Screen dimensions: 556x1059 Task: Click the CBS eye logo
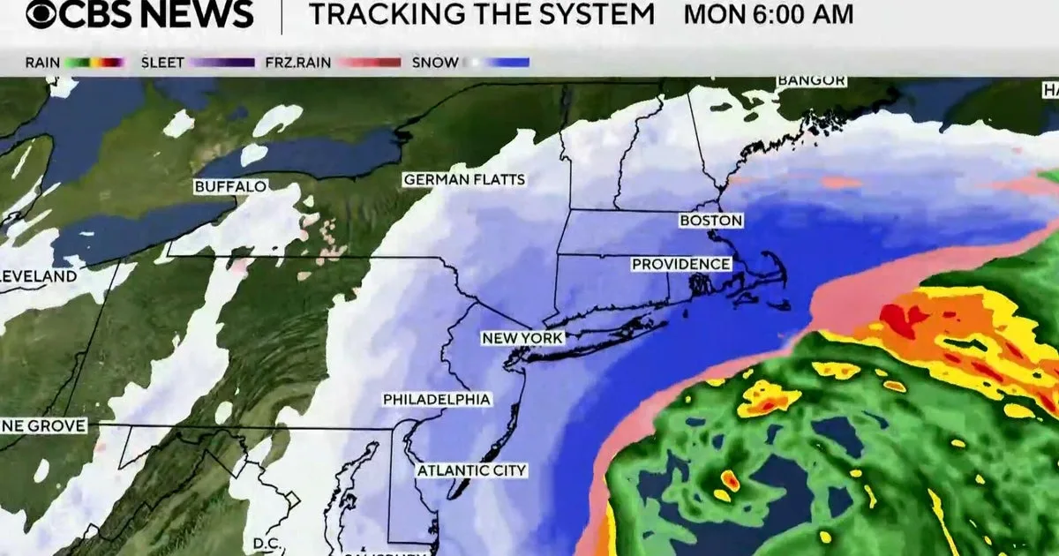(43, 14)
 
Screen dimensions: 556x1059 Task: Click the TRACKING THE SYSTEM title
(482, 15)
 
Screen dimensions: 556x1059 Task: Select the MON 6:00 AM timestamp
(769, 15)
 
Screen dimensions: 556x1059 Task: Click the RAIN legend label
(42, 63)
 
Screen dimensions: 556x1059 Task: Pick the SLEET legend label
(162, 63)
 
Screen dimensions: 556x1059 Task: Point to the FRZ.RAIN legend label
(297, 63)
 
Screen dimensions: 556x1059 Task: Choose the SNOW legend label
(435, 63)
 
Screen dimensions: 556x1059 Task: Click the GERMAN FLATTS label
(464, 180)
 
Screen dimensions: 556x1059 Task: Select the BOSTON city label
(710, 221)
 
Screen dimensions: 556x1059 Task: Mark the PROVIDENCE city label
(680, 264)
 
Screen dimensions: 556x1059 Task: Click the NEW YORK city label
(522, 339)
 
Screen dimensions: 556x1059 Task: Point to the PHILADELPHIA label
(436, 400)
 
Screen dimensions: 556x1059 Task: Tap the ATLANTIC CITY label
(471, 470)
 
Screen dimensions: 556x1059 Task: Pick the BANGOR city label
(811, 81)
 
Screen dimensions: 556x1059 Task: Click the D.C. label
(266, 542)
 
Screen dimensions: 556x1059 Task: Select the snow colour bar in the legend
(498, 63)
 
